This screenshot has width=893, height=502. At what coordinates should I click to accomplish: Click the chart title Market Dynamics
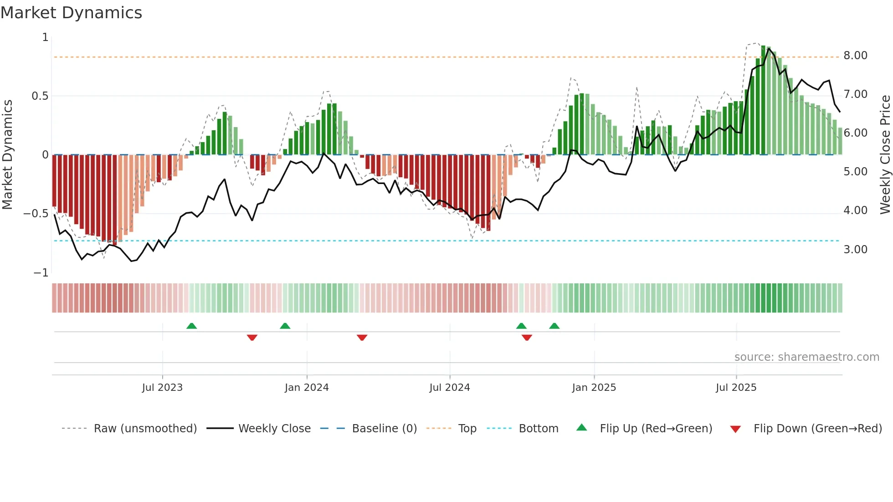[x=71, y=13]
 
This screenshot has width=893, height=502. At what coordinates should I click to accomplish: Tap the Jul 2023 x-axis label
[x=162, y=388]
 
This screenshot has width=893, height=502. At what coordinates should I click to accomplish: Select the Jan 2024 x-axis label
[x=307, y=388]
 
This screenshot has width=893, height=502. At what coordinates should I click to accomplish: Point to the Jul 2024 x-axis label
[x=449, y=388]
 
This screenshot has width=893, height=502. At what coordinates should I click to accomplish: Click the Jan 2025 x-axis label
[x=594, y=388]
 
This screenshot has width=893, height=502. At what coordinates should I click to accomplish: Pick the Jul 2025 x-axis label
[x=736, y=388]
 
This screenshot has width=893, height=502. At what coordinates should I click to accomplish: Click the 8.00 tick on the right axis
[x=855, y=56]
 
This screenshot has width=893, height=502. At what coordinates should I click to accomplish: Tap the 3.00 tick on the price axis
[x=855, y=250]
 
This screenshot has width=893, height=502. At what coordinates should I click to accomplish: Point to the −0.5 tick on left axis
[x=36, y=214]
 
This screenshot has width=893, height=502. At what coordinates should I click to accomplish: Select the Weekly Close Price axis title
[x=885, y=154]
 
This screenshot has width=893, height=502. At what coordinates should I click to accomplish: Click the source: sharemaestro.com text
[x=806, y=357]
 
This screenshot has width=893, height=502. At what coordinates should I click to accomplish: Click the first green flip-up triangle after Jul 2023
[x=191, y=326]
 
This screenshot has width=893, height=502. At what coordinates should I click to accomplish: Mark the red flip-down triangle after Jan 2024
[x=362, y=338]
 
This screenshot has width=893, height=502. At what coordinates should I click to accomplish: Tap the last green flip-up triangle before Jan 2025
[x=554, y=326]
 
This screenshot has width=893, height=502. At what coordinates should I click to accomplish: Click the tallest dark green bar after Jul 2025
[x=763, y=100]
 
